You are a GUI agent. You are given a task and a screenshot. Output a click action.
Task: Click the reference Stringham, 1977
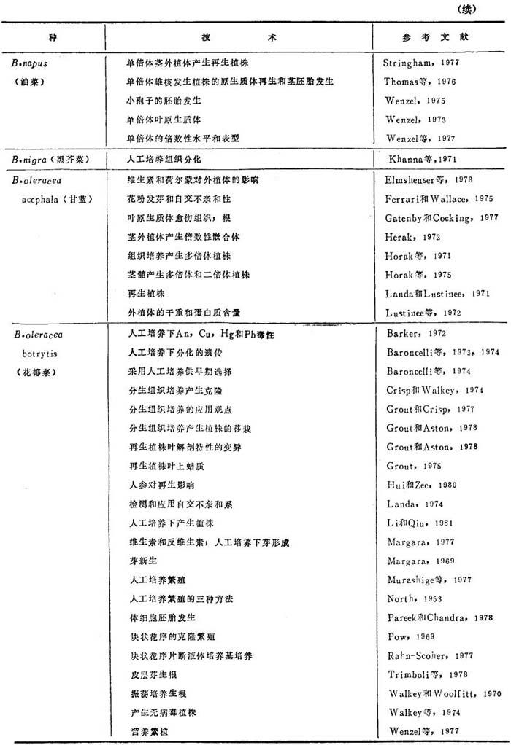[x=420, y=63]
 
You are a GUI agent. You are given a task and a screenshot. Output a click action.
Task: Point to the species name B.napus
[x=29, y=63]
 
